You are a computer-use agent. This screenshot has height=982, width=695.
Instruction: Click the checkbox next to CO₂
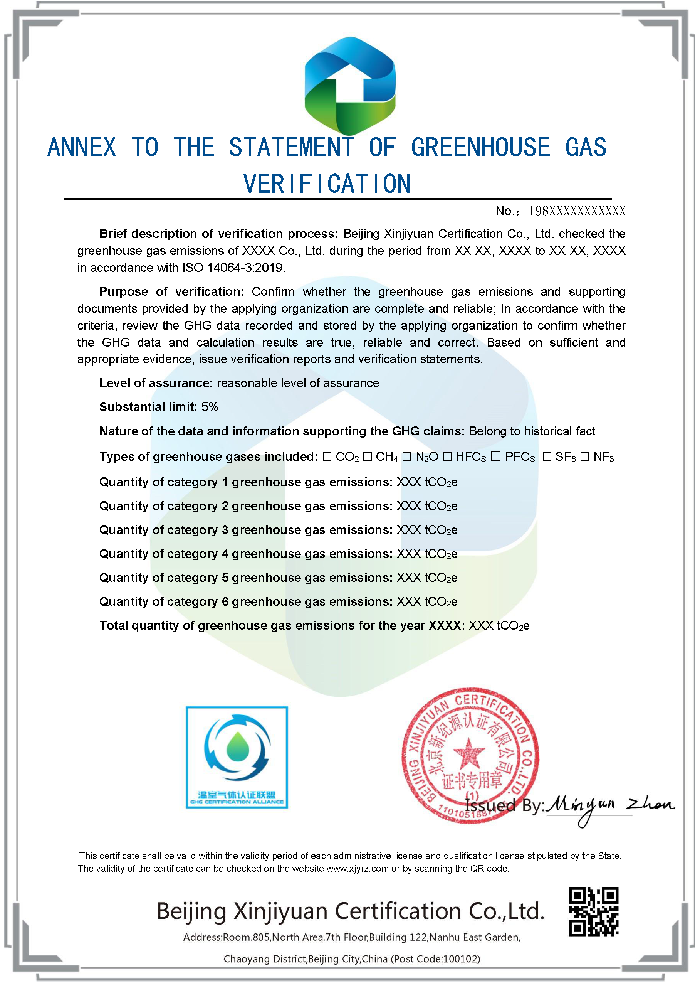pyautogui.click(x=327, y=456)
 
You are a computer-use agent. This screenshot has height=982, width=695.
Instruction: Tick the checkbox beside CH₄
pyautogui.click(x=367, y=456)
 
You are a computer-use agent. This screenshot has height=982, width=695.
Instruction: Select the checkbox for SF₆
pyautogui.click(x=547, y=456)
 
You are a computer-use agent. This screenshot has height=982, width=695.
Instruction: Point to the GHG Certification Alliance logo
pyautogui.click(x=237, y=757)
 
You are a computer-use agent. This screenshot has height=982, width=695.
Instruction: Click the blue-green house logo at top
pyautogui.click(x=350, y=86)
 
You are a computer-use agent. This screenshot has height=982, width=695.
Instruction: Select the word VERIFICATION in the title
pyautogui.click(x=327, y=184)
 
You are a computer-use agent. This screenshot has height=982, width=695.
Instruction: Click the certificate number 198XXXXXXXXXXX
pyautogui.click(x=577, y=211)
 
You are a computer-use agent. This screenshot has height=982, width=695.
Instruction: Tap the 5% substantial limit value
pyautogui.click(x=210, y=407)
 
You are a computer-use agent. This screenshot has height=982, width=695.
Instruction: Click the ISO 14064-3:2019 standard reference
pyautogui.click(x=233, y=268)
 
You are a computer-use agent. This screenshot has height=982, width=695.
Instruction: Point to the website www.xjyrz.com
pyautogui.click(x=358, y=869)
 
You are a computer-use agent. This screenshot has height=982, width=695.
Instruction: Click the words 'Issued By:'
pyautogui.click(x=504, y=805)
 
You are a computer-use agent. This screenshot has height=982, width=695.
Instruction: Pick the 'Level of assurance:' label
pyautogui.click(x=156, y=383)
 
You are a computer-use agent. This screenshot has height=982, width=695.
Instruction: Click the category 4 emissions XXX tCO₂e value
pyautogui.click(x=427, y=554)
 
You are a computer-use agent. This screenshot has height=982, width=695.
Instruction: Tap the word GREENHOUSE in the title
pyautogui.click(x=480, y=147)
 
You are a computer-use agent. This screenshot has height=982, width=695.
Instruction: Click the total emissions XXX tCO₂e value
pyautogui.click(x=499, y=626)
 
